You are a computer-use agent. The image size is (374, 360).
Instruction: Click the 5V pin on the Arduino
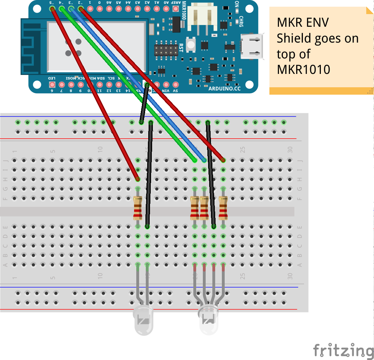(x=175, y=84)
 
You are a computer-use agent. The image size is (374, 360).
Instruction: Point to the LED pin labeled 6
(x=52, y=84)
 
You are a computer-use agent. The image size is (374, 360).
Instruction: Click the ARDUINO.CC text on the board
(x=224, y=89)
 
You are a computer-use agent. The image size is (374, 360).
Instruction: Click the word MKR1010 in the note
(x=304, y=69)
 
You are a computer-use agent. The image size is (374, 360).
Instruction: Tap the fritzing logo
(x=343, y=350)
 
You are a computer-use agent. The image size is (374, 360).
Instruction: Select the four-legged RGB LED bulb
(x=209, y=320)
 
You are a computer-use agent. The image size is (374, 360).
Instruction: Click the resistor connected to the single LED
(x=138, y=208)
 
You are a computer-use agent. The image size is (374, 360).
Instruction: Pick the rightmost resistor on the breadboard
(x=223, y=208)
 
